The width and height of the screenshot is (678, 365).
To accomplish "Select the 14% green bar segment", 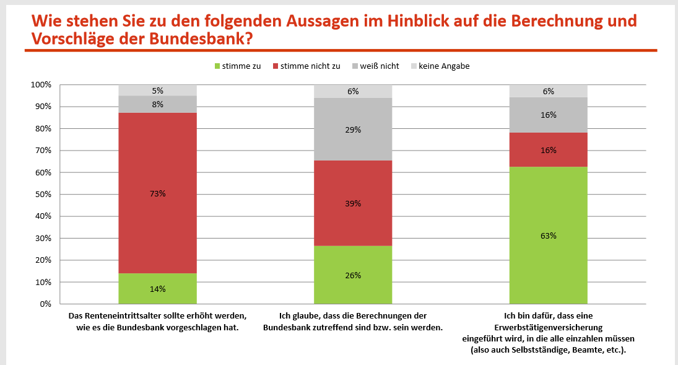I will click(x=157, y=289).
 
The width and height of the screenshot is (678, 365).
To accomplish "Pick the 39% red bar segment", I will click(x=353, y=203).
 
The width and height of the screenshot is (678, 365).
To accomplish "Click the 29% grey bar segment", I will click(x=353, y=130).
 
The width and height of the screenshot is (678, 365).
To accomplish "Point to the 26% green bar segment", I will click(x=353, y=275).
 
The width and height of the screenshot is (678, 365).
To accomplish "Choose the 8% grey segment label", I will click(x=157, y=105).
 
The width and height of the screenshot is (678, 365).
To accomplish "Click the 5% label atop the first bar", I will click(x=157, y=90).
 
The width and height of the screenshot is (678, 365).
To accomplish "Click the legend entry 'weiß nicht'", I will click(x=379, y=66).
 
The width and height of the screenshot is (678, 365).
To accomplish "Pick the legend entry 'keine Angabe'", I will click(x=443, y=66).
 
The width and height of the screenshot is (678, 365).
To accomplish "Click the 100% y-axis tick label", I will click(x=40, y=85).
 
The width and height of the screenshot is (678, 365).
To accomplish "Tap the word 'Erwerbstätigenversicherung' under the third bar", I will click(x=548, y=327).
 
